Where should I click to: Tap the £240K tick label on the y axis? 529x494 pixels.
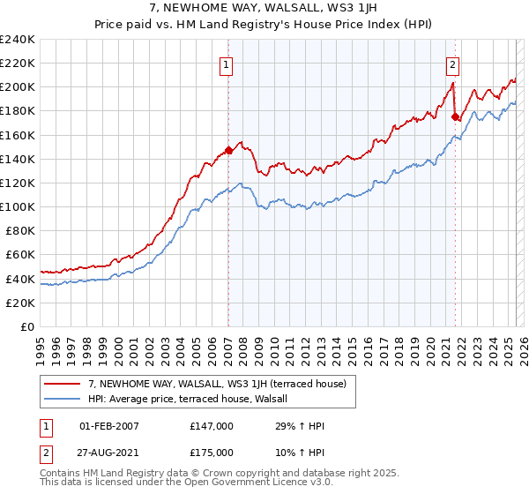tap(18, 40)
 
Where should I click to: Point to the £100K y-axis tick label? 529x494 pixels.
tap(18, 206)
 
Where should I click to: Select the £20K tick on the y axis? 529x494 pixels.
tap(20, 303)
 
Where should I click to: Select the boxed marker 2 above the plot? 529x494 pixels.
tap(452, 64)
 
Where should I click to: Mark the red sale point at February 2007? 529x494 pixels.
tap(228, 150)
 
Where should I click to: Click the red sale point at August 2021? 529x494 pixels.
tap(455, 116)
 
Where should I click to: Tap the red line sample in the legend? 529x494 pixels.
tap(63, 384)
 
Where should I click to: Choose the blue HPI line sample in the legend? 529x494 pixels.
tap(63, 398)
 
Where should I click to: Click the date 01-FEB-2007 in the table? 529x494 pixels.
tap(109, 426)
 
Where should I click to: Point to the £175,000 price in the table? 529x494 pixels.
tap(211, 453)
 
